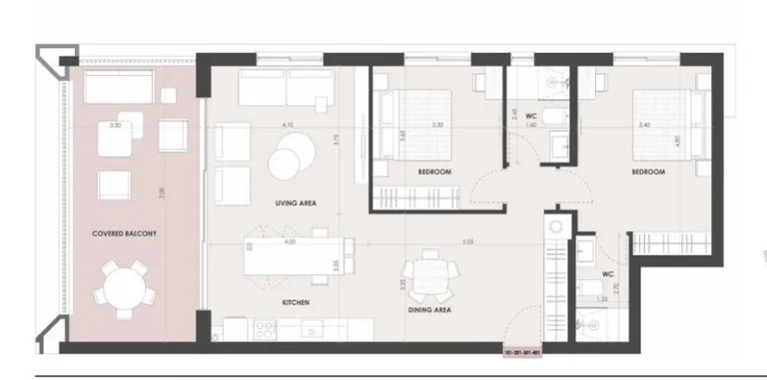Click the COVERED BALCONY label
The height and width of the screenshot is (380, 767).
[x=125, y=233]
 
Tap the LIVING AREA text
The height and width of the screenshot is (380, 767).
[x=296, y=203]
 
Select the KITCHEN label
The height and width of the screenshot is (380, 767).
[x=295, y=302]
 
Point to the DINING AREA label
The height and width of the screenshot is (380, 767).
[x=427, y=310]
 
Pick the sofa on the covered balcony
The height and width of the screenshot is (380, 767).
[x=117, y=91]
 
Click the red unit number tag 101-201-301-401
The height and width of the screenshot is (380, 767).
[x=529, y=352]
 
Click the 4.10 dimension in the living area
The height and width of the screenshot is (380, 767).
[x=289, y=125]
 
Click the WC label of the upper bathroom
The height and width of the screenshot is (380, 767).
[x=532, y=117]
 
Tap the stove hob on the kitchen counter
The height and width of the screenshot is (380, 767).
[x=264, y=326]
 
